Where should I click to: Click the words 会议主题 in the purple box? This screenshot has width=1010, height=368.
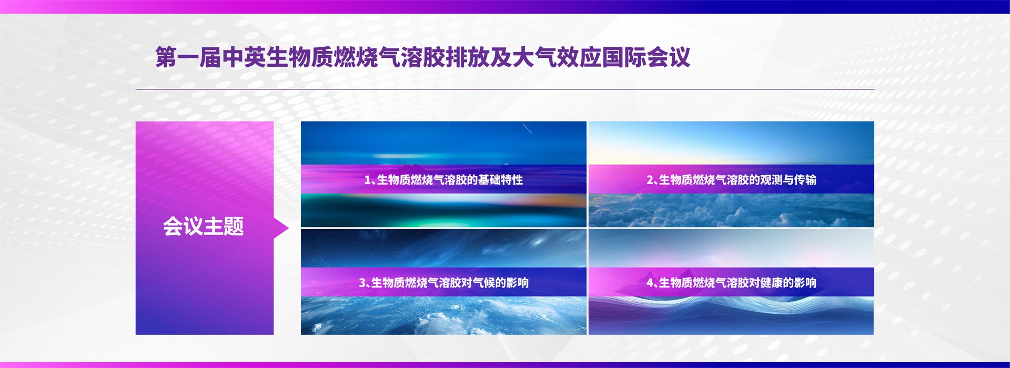[203, 227]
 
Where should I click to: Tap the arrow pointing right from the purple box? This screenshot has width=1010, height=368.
[281, 228]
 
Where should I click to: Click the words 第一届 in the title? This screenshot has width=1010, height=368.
[188, 57]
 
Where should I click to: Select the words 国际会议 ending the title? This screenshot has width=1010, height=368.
[646, 57]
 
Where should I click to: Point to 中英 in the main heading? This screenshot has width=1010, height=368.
[244, 57]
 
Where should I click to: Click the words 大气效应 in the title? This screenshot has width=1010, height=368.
[557, 57]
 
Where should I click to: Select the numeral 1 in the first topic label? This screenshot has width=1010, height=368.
[367, 180]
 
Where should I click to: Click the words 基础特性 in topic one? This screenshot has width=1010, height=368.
[500, 180]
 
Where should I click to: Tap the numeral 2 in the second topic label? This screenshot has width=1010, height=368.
[650, 180]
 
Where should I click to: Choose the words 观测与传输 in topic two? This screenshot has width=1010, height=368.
[789, 180]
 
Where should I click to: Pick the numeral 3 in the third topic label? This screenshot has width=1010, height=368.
[362, 283]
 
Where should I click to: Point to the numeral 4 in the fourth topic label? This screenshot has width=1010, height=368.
[650, 283]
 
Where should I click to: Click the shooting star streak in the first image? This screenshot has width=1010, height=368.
[527, 129]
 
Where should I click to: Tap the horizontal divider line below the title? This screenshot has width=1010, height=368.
[505, 89]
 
